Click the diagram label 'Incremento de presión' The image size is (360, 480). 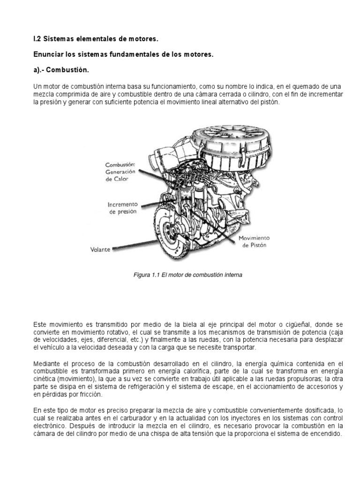coord(123,208)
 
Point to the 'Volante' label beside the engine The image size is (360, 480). coord(100,250)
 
